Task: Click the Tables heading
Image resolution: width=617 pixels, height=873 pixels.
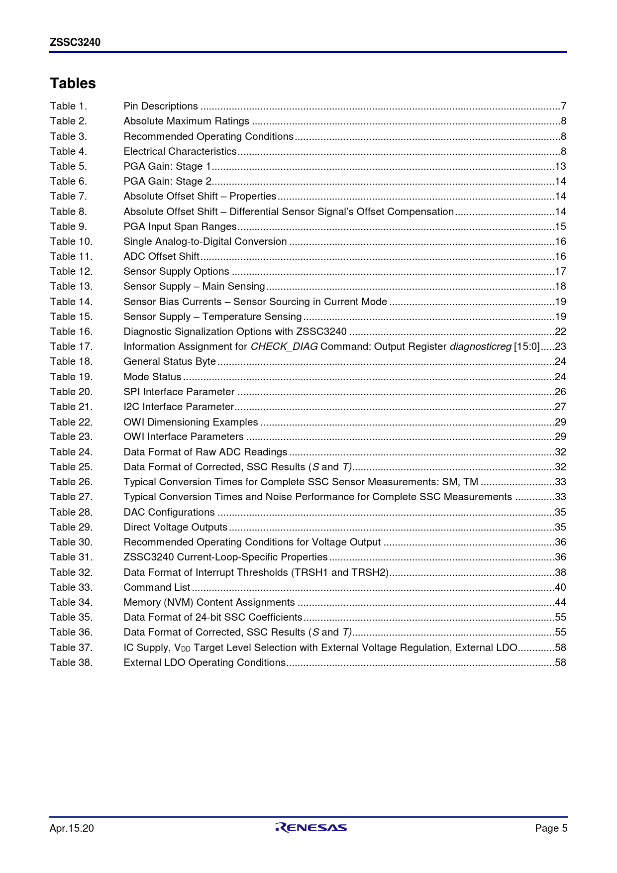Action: point(73,83)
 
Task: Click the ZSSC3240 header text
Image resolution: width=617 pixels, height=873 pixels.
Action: point(75,42)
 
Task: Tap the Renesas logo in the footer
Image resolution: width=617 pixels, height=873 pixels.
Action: point(310,828)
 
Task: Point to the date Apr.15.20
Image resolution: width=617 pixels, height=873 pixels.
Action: point(72,828)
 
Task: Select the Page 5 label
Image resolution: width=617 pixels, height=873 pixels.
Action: point(551,828)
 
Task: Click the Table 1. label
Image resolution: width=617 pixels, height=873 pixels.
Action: point(68,106)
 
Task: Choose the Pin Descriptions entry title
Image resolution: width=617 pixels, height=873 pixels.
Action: point(161,106)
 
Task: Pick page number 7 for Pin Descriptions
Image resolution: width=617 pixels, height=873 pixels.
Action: point(563,106)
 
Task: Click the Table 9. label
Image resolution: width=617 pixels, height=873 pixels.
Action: point(68,226)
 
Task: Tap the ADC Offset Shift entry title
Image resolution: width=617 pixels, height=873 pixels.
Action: point(161,256)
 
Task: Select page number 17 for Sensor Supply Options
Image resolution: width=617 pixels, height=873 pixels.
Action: point(560,271)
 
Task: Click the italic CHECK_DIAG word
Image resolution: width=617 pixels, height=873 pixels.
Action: point(284,346)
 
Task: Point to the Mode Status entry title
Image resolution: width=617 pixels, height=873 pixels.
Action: point(152,377)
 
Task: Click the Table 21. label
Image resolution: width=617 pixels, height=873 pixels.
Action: point(71,407)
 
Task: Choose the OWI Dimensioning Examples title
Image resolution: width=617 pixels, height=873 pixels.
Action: point(191,422)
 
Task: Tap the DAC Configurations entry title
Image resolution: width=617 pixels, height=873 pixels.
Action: point(169,512)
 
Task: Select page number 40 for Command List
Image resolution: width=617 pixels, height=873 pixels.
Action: point(560,587)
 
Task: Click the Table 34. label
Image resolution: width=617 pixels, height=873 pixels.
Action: point(71,602)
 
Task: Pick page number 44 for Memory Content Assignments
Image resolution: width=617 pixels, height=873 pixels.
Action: point(560,602)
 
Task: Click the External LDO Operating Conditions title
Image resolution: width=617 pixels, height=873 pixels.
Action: point(205,662)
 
